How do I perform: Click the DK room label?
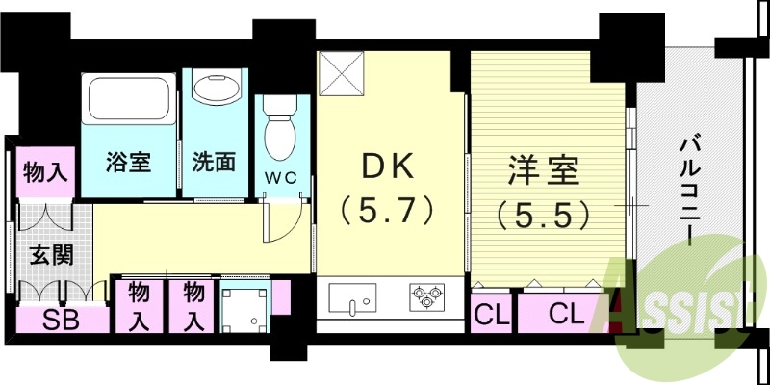coord(388,168)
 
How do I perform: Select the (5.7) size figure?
coord(388,210)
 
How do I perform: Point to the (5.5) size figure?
coord(544,214)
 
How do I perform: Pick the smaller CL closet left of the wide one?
coord(493,313)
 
